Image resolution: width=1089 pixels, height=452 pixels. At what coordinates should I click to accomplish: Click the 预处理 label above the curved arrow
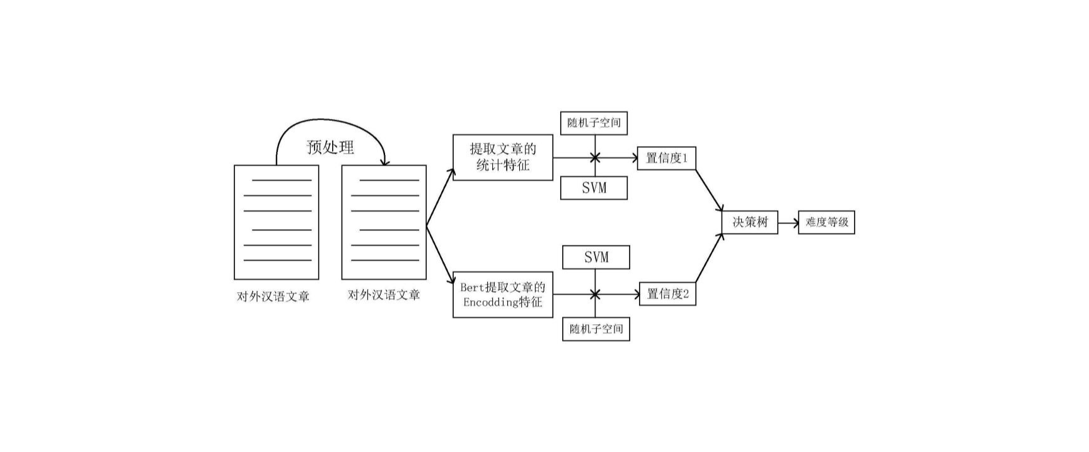pyautogui.click(x=330, y=147)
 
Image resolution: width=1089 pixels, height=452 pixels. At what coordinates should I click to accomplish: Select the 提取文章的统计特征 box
pyautogui.click(x=502, y=157)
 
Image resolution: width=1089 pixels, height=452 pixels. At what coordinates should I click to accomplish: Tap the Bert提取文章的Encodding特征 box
pyautogui.click(x=502, y=295)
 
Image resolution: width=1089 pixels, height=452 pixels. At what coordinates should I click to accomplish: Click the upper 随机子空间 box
pyautogui.click(x=594, y=123)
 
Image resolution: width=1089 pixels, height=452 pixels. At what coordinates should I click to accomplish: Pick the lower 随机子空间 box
pyautogui.click(x=596, y=329)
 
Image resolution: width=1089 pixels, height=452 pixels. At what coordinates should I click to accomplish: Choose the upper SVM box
pyautogui.click(x=594, y=188)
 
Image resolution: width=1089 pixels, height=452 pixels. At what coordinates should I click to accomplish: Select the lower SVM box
pyautogui.click(x=596, y=257)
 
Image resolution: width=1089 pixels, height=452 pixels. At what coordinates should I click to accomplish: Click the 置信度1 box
pyautogui.click(x=666, y=158)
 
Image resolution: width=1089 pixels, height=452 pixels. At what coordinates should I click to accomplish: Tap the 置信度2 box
pyautogui.click(x=667, y=294)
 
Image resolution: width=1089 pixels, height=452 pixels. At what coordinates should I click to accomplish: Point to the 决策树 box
pyautogui.click(x=749, y=222)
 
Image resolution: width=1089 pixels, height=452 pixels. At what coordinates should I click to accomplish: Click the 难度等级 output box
pyautogui.click(x=826, y=222)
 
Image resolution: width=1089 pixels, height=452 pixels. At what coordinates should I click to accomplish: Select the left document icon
pyautogui.click(x=276, y=222)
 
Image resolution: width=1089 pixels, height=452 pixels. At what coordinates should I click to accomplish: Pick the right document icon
pyautogui.click(x=384, y=222)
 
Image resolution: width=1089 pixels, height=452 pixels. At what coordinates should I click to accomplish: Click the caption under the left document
pyautogui.click(x=273, y=297)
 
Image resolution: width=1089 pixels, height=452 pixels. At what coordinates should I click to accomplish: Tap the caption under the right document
pyautogui.click(x=384, y=295)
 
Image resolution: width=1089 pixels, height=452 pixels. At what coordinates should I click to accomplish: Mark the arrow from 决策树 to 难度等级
pyautogui.click(x=788, y=222)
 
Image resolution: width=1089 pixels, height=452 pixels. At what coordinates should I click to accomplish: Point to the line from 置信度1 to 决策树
pyautogui.click(x=709, y=189)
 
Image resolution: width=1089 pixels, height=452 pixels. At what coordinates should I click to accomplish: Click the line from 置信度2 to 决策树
pyautogui.click(x=709, y=258)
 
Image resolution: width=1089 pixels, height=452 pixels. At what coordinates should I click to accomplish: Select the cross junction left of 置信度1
pyautogui.click(x=594, y=158)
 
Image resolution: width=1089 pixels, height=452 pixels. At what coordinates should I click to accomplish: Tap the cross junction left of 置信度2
pyautogui.click(x=595, y=294)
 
